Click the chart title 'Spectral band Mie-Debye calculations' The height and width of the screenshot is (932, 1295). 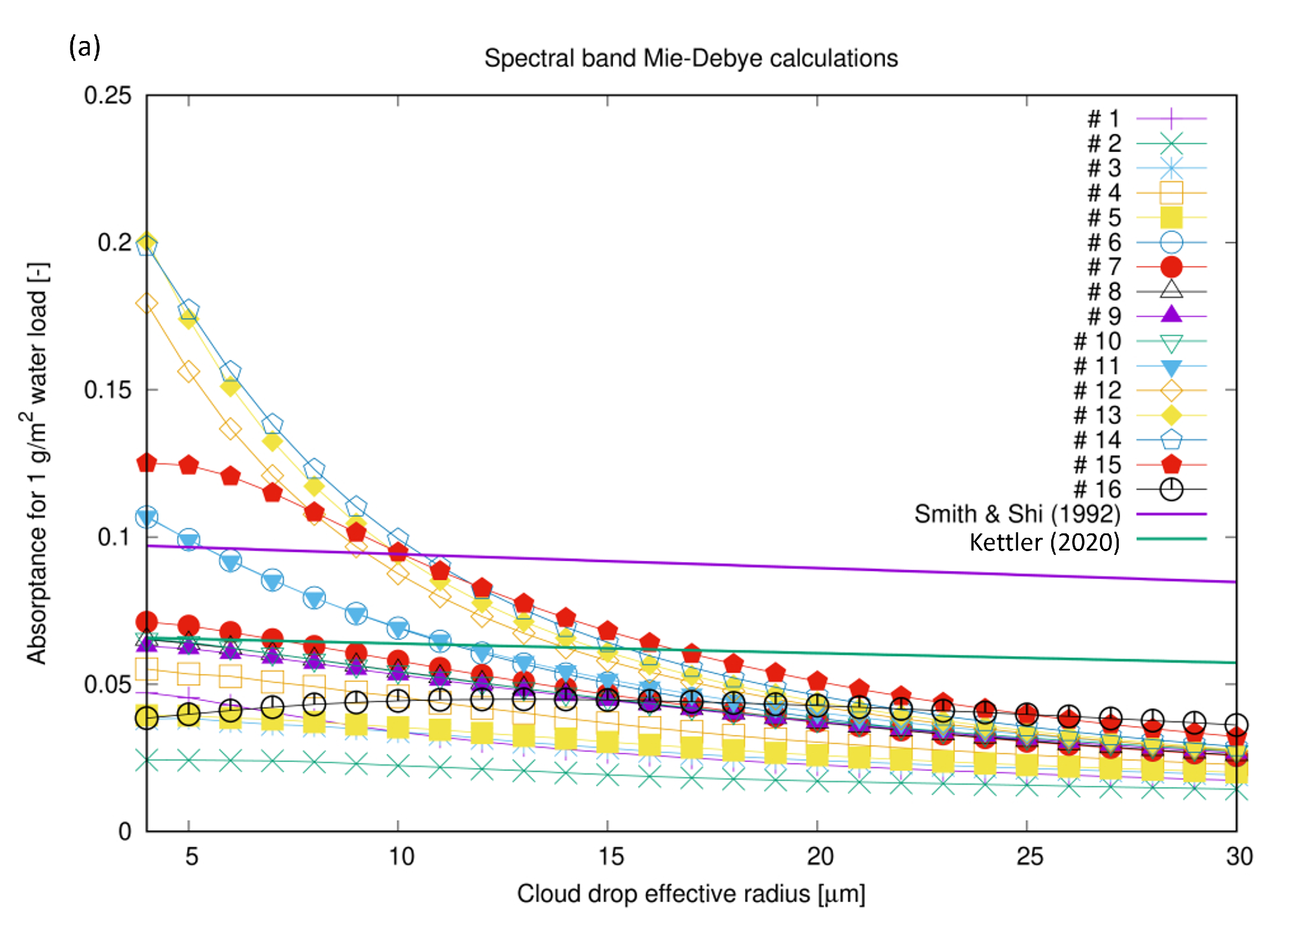pos(691,58)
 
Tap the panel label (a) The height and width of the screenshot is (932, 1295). pos(85,47)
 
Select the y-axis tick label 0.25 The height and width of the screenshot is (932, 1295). pos(108,95)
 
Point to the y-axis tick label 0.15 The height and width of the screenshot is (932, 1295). pos(108,390)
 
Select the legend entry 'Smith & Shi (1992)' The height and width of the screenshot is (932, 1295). pos(1017,515)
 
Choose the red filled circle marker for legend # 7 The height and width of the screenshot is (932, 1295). pos(1171,267)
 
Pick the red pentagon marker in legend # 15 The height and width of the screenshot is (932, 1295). pos(1171,465)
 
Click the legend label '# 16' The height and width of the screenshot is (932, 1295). pos(1097,490)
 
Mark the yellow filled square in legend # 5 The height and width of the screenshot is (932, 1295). pos(1171,218)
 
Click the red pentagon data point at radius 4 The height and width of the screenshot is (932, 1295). pos(147,464)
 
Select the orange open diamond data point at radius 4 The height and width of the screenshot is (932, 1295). pos(147,304)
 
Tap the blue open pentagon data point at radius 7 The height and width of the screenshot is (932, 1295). pos(273,425)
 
